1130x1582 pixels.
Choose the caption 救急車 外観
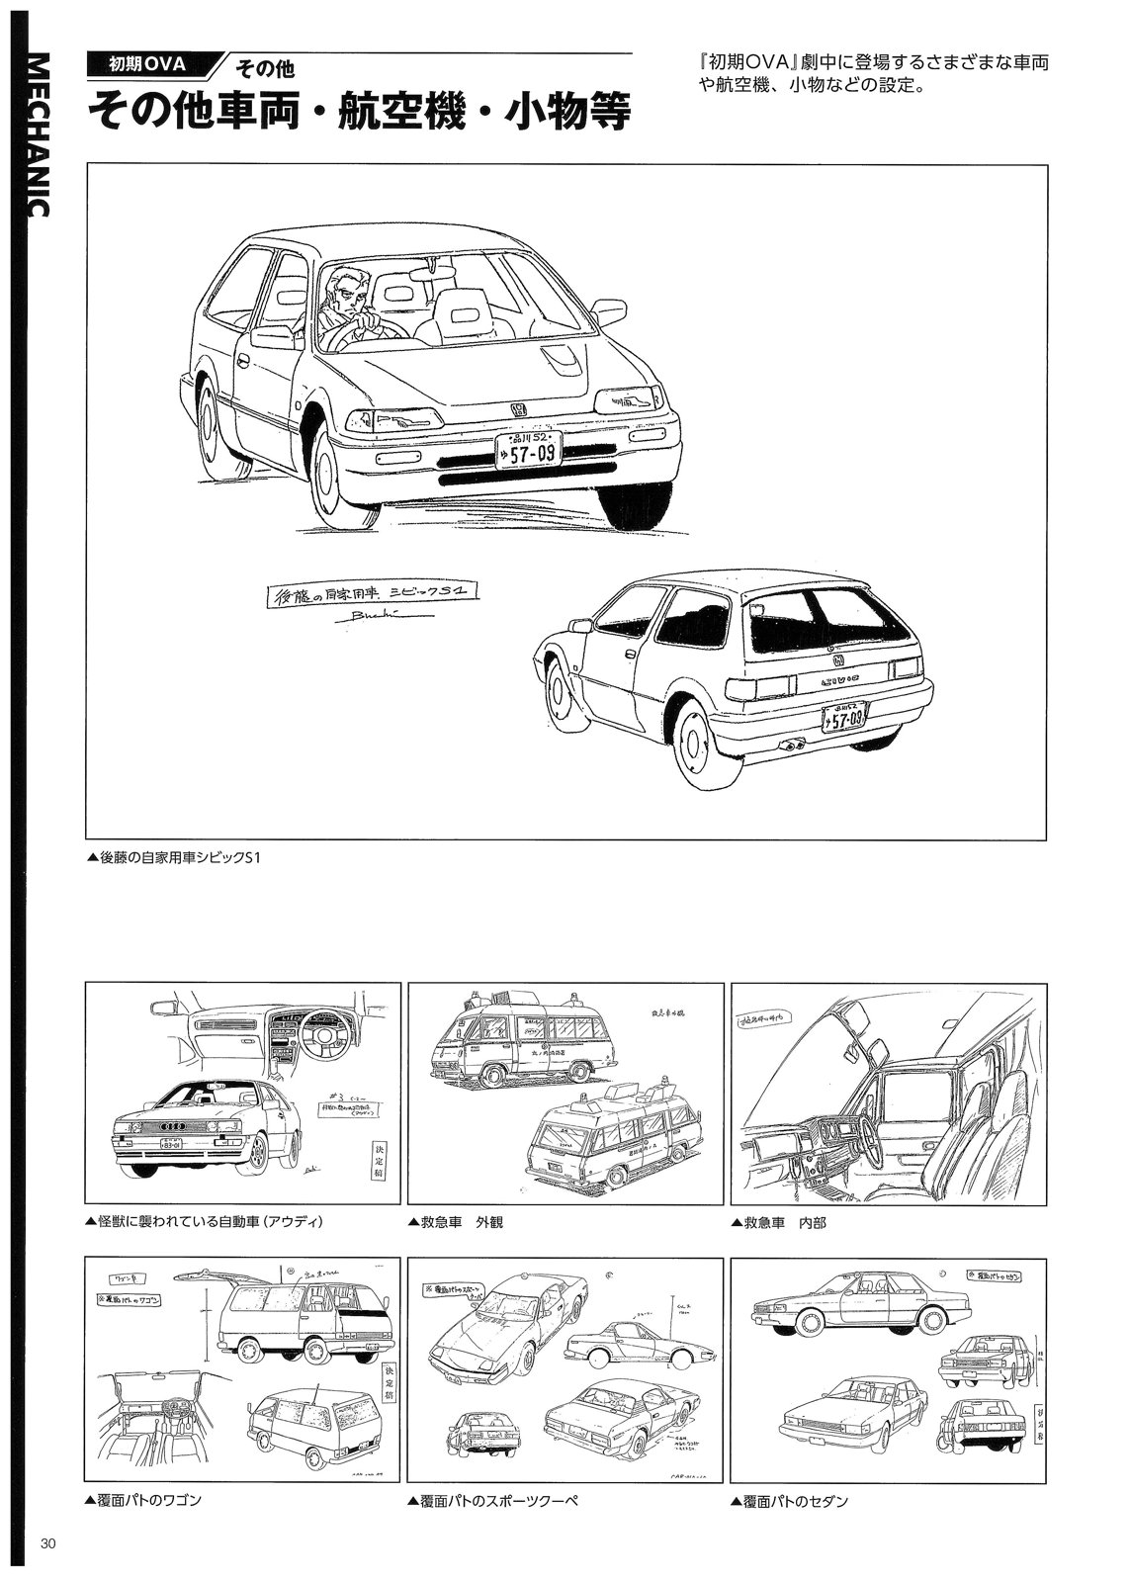(456, 1221)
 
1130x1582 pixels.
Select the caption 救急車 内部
(779, 1221)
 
